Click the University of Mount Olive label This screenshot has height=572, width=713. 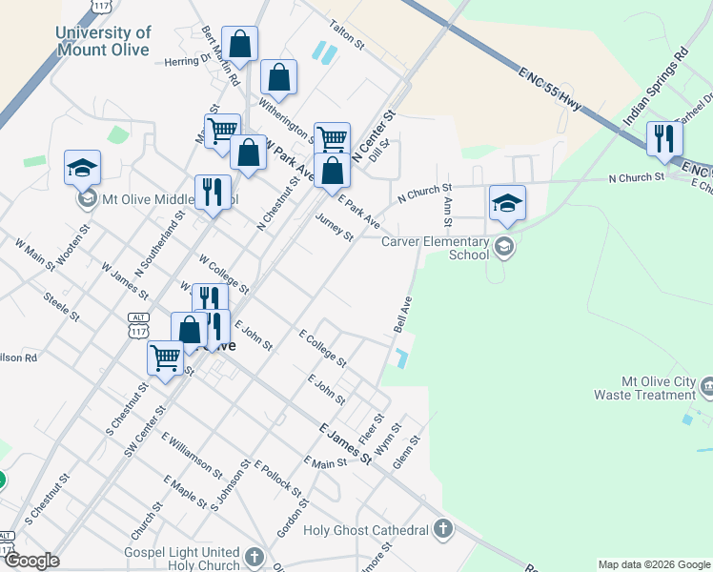103,41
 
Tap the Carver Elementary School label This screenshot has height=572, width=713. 435,248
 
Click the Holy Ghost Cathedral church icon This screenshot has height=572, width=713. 442,528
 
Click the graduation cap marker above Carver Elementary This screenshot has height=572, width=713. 507,202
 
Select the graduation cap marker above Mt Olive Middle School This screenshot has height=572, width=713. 83,168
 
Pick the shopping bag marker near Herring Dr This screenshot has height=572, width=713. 240,43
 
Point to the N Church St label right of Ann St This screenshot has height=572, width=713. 636,177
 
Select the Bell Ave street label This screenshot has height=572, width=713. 402,314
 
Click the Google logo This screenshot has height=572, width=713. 31,561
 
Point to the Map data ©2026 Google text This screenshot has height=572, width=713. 653,564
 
